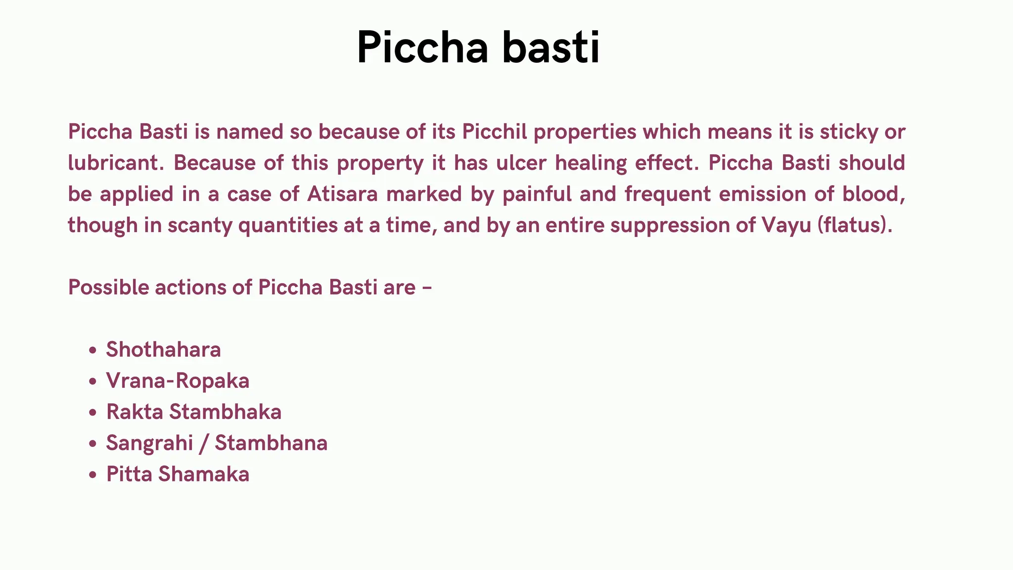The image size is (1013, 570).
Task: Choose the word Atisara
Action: (x=342, y=194)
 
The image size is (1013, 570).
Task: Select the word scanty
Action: (x=199, y=225)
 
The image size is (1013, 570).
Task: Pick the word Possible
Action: (x=108, y=287)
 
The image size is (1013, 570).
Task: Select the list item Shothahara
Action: (x=163, y=350)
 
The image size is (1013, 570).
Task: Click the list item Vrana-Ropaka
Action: (x=178, y=381)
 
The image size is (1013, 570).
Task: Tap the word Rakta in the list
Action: (x=135, y=412)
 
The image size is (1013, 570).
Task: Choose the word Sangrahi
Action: (x=149, y=443)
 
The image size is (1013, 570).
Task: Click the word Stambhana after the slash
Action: (x=271, y=443)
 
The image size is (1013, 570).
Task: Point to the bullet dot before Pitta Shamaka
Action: (x=92, y=475)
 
